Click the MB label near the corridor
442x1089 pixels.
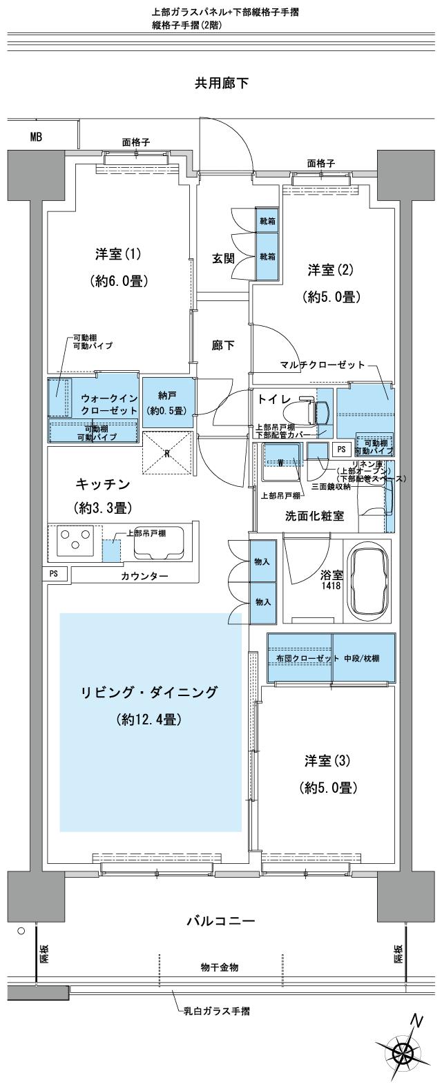point(36,137)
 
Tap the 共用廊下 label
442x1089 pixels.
point(221,84)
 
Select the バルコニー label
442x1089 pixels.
point(221,921)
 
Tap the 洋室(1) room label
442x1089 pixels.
point(119,254)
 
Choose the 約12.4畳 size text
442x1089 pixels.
point(149,720)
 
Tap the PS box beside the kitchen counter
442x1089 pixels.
point(54,573)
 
